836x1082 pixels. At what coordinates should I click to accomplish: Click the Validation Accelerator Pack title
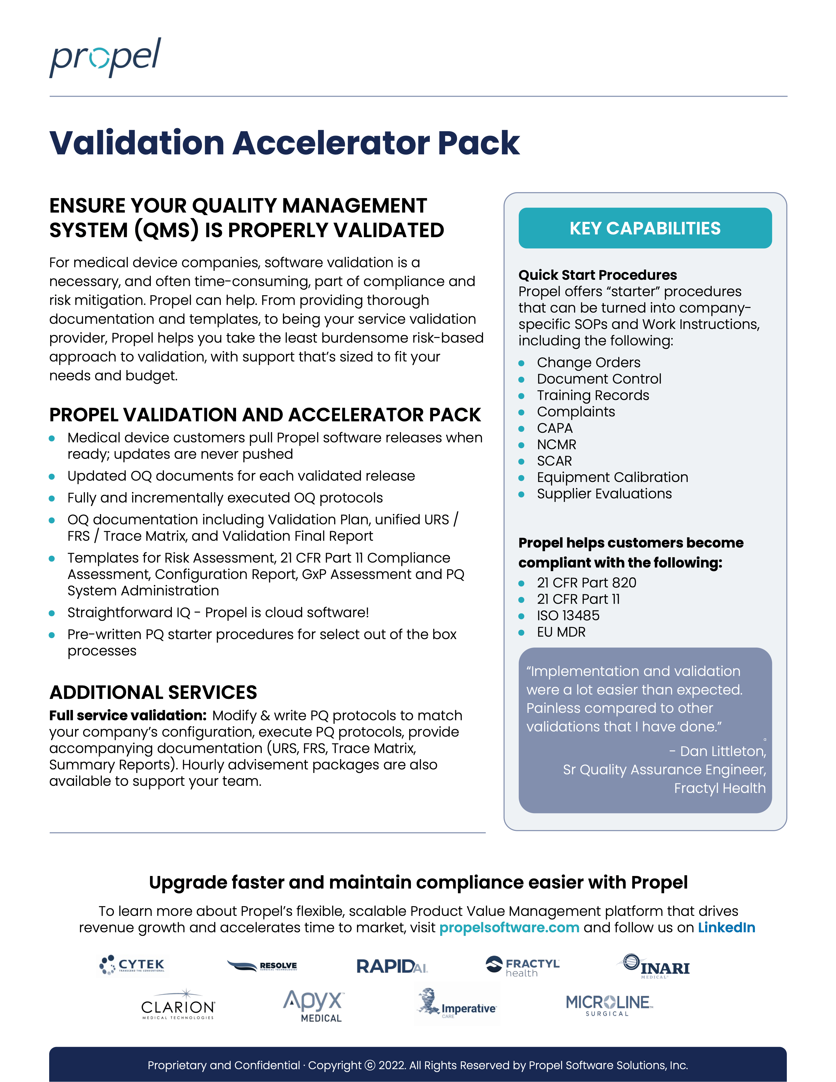284,143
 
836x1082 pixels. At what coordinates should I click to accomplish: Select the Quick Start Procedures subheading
597,275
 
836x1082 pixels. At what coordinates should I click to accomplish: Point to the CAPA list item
555,428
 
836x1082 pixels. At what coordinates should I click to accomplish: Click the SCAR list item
554,461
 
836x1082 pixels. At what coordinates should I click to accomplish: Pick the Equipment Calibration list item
612,477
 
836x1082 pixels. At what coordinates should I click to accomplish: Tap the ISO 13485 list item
568,615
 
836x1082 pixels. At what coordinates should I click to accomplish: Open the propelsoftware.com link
509,927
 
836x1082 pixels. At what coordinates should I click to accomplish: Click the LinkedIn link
726,927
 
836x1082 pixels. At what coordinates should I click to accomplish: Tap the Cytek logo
133,965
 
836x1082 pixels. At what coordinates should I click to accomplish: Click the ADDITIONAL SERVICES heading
153,692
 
